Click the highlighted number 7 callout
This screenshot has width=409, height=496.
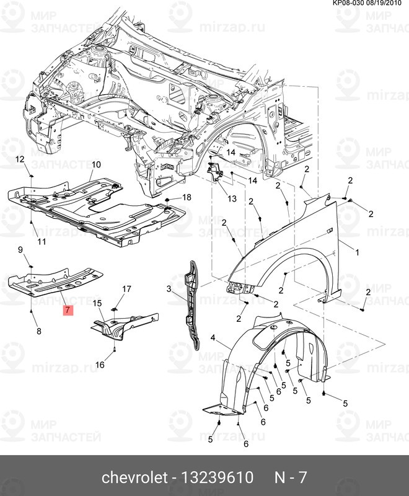tap(68, 309)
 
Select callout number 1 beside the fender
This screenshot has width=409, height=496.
tap(357, 252)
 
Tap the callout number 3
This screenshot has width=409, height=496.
tap(168, 289)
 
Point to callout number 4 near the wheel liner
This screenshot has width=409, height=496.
tap(213, 338)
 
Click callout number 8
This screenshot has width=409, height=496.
tap(39, 332)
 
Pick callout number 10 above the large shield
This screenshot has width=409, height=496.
tap(96, 164)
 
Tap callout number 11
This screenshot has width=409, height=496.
tap(43, 241)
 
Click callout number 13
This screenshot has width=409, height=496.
tap(231, 199)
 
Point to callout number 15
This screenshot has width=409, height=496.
tap(97, 303)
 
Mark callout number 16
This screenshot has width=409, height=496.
tap(100, 365)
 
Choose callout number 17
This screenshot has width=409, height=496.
tap(126, 289)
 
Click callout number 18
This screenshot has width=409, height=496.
tap(187, 197)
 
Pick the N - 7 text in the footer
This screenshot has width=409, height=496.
tap(291, 478)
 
